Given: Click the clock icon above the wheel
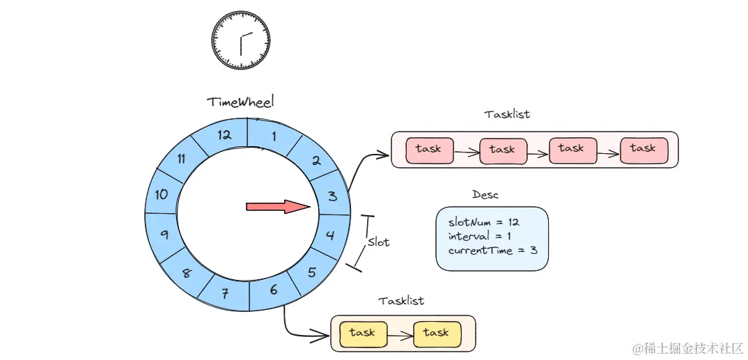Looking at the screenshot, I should (241, 40).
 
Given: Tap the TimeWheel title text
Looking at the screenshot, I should (240, 102).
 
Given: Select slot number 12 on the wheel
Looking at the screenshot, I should (224, 135).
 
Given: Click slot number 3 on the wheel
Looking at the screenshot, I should (332, 196).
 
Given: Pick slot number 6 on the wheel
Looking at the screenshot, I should (273, 289).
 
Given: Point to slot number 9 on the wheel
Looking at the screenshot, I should (164, 235).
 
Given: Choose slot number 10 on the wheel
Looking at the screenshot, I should (162, 194).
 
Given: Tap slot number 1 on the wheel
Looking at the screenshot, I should (274, 136).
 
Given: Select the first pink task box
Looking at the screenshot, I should (428, 149).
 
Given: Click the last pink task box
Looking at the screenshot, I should (643, 148).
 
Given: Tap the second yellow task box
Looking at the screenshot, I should (436, 334).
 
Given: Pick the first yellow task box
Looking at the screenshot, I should (362, 334).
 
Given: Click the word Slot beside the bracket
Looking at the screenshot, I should (378, 242).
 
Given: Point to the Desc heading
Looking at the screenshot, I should (485, 195).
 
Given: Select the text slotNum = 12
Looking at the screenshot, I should (483, 222).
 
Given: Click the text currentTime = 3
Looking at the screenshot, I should (492, 249).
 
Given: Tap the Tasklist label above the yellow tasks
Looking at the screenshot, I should (401, 301).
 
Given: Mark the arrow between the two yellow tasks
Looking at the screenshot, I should (399, 335).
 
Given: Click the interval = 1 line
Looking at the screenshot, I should (478, 236).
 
